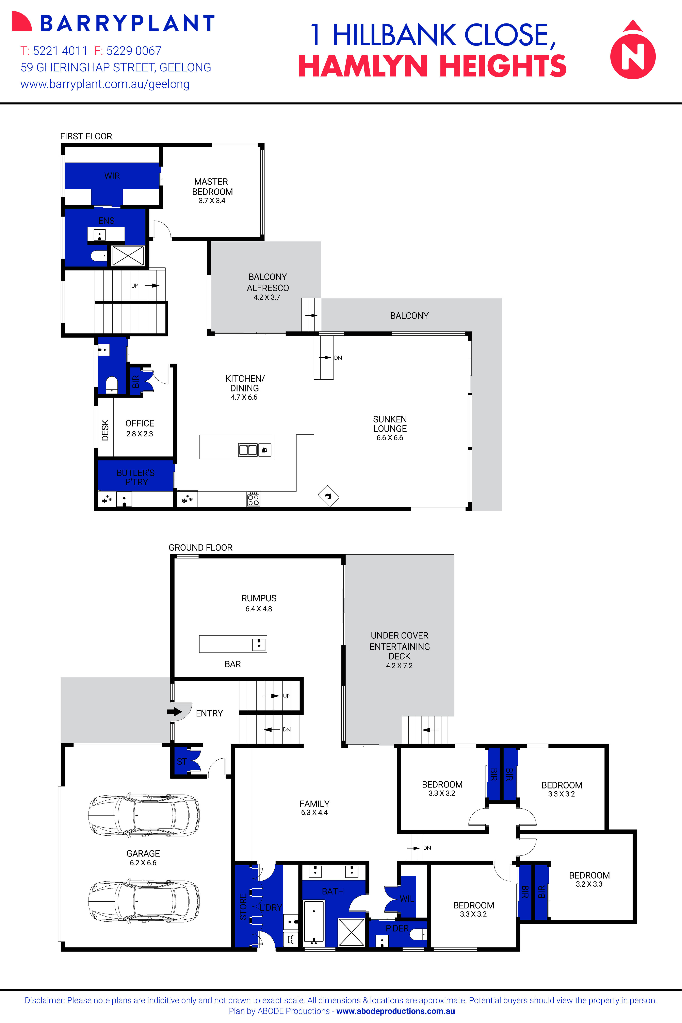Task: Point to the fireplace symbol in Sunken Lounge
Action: click(328, 496)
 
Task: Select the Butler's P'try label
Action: click(136, 477)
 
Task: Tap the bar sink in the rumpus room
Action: click(259, 644)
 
